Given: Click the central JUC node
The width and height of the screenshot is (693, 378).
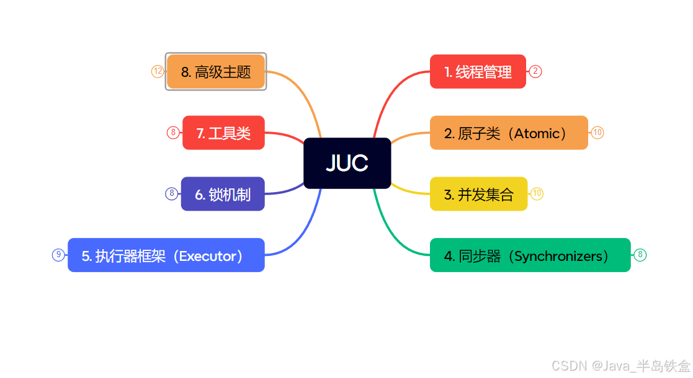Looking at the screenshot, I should tap(347, 163).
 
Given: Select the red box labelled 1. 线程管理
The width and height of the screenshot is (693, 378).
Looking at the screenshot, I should tap(478, 72).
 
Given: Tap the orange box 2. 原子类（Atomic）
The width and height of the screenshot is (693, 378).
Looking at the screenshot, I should tap(508, 133).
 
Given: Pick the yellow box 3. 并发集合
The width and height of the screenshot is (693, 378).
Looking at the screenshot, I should tap(478, 194).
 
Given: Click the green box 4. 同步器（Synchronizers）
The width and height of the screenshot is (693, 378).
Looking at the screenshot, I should tap(530, 255).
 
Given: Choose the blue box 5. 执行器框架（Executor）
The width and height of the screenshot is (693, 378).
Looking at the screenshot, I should tap(166, 255).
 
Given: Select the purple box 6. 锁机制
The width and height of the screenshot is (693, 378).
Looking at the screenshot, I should tap(223, 194).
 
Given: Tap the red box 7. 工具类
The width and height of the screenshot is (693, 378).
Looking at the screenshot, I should tap(223, 133).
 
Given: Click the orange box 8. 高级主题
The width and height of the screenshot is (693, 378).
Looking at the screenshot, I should tap(216, 72).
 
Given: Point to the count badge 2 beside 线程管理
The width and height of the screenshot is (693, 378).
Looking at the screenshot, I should tap(535, 71).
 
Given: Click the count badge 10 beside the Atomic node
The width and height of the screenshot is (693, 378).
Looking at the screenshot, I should tap(597, 133).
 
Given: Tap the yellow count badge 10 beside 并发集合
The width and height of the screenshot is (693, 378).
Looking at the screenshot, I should tap(537, 194).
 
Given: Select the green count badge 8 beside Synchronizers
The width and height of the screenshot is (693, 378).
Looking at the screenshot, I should tap(640, 255).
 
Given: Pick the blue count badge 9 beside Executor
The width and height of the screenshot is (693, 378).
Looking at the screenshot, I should tap(58, 255).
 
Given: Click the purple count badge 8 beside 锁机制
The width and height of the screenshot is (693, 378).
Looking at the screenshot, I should tap(172, 194).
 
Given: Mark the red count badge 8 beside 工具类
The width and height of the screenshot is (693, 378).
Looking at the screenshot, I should tap(173, 133).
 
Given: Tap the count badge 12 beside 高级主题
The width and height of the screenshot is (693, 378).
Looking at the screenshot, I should tap(158, 72).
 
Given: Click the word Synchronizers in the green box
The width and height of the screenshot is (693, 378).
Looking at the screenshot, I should tap(558, 255).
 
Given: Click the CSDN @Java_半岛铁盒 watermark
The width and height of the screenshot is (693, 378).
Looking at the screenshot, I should tap(620, 366).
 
